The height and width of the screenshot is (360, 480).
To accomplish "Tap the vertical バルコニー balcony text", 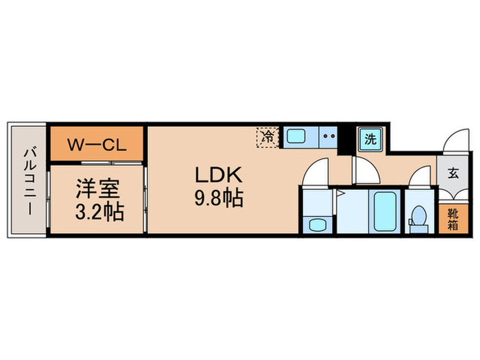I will point(28,180).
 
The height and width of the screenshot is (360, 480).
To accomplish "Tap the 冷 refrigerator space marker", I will point(268,136).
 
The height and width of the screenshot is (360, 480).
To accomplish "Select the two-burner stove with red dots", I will point(328,136).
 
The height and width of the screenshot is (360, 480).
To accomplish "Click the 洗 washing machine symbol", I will point(370,139).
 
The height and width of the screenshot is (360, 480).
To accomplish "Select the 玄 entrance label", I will point(453,173).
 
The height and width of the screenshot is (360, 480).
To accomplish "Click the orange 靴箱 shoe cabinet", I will point(453,220).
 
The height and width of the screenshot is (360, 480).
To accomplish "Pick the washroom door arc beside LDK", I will point(316,173).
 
